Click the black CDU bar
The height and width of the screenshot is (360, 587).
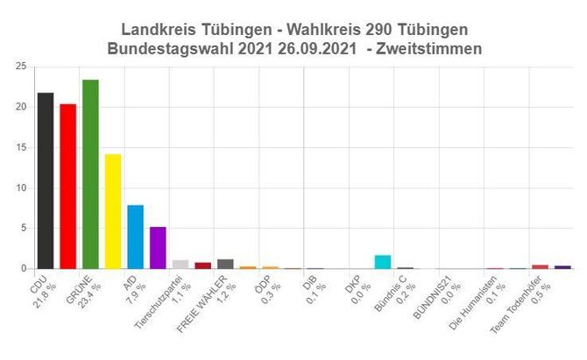tap(45, 180)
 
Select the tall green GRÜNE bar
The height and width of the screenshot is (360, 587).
tap(90, 174)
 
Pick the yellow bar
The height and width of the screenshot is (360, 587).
tap(113, 211)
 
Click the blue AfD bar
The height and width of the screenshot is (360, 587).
tap(135, 236)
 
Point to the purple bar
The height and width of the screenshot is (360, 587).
tap(158, 248)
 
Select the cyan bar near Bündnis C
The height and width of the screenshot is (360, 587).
tap(383, 262)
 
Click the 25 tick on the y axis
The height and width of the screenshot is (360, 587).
tap(19, 67)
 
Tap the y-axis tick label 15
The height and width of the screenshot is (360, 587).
tap(19, 147)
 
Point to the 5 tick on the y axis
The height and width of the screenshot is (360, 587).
tap(22, 228)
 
